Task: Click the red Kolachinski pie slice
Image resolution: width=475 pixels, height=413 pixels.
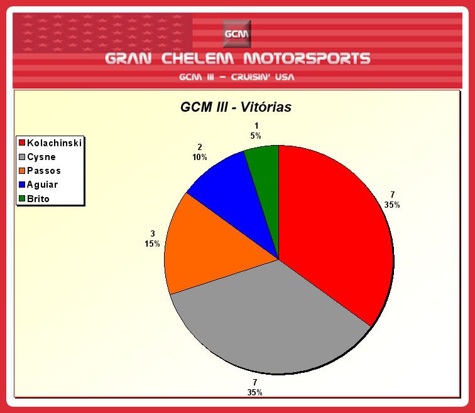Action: (333, 230)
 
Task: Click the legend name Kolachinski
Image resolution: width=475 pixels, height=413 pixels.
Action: (54, 143)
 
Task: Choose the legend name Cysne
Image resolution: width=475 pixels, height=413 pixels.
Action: (41, 157)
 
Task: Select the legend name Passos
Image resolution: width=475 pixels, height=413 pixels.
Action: (44, 171)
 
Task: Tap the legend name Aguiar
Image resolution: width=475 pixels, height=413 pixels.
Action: (42, 185)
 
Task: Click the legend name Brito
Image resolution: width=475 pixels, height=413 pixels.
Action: (38, 199)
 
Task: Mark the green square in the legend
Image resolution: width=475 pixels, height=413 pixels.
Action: (22, 198)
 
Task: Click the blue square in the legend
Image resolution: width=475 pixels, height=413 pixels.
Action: (22, 185)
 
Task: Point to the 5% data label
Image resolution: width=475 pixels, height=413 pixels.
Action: (256, 136)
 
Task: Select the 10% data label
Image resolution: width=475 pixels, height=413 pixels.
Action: (200, 158)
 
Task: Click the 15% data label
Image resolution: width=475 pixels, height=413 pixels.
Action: (152, 244)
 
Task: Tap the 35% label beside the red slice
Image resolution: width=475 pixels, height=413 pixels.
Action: (392, 205)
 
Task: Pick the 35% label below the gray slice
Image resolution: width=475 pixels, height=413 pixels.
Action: (254, 392)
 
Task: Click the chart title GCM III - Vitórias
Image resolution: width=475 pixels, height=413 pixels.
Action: (236, 107)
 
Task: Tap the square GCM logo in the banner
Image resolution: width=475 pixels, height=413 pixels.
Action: (237, 34)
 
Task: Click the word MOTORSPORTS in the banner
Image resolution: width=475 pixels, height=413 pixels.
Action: (307, 58)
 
